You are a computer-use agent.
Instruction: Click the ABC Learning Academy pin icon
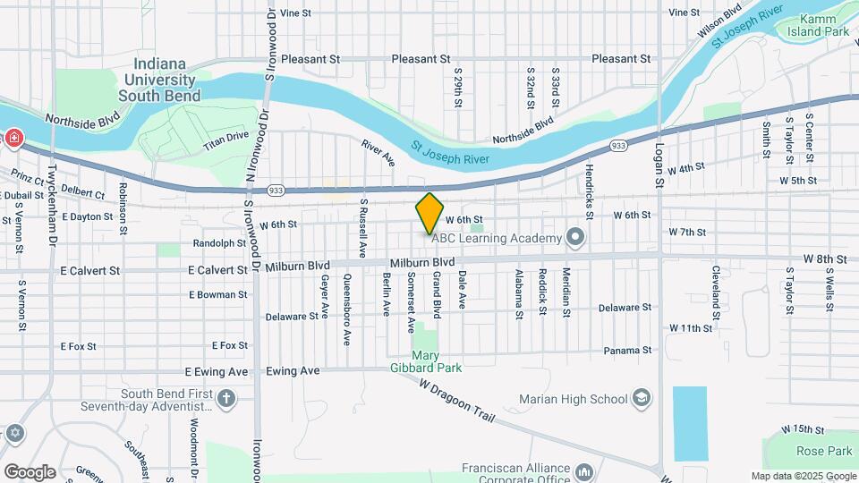pos(575,237)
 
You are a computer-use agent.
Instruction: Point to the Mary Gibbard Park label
pos(425,360)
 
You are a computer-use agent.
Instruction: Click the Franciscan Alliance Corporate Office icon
pos(583,470)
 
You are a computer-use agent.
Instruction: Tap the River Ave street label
pos(378,152)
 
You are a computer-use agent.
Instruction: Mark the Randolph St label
pos(219,243)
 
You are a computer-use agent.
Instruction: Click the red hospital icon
pos(14,138)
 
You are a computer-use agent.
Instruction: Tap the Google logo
pos(30,471)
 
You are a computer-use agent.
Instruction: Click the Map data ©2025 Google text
pos(803,476)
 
